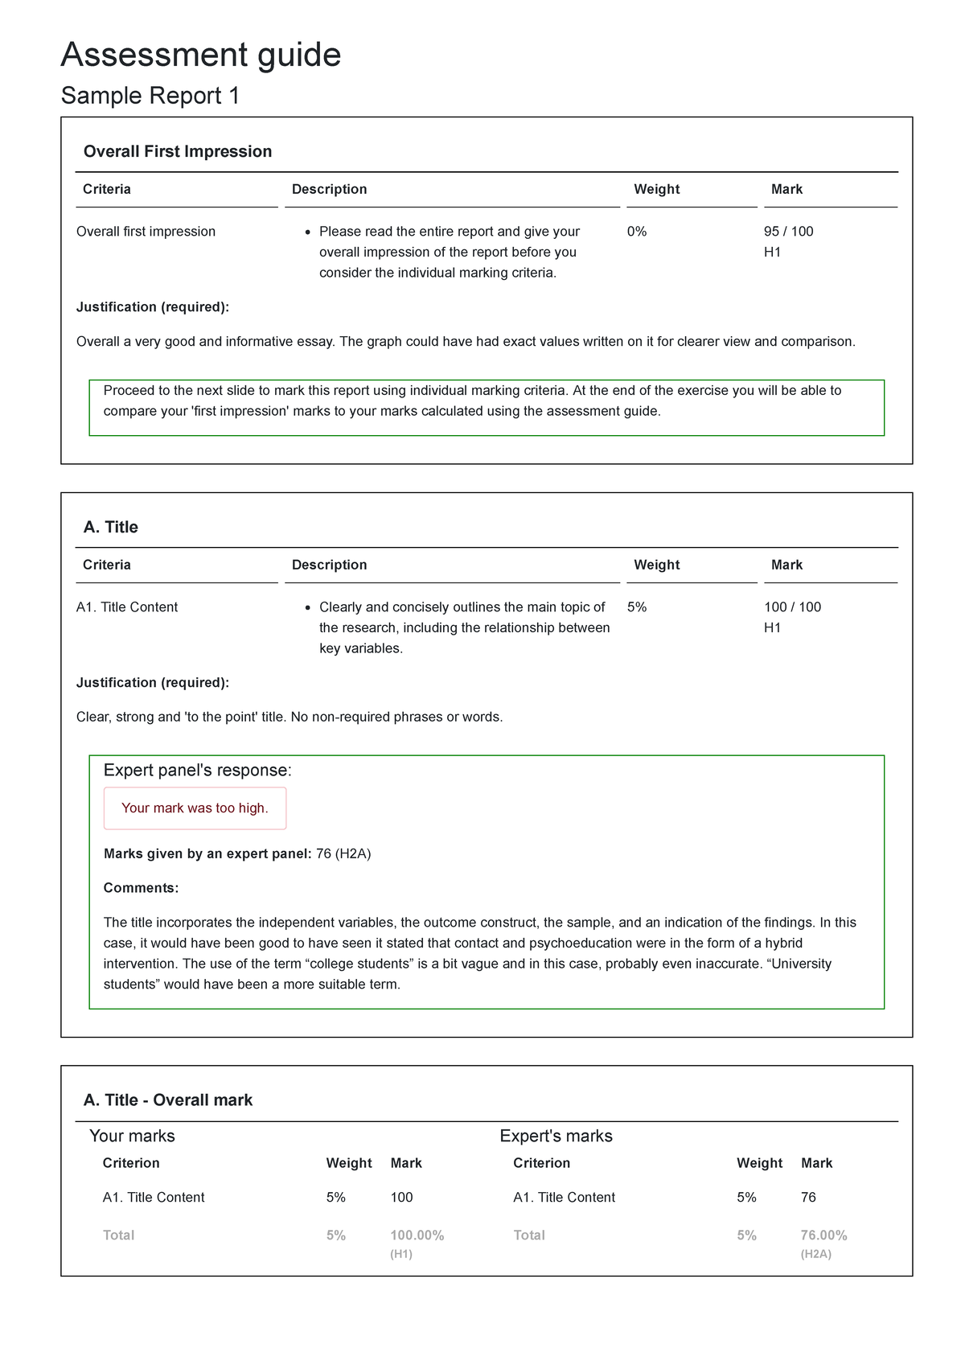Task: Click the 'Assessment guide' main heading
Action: [201, 55]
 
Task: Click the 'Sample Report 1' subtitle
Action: [150, 96]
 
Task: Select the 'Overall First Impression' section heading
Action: [178, 151]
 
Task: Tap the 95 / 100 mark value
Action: [788, 232]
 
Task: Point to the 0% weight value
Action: [636, 232]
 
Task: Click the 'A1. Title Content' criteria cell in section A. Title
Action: [127, 607]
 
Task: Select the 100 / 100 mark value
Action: [792, 607]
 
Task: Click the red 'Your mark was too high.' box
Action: [195, 808]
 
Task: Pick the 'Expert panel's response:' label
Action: [198, 771]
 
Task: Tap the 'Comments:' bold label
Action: [141, 888]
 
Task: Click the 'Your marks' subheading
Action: [132, 1136]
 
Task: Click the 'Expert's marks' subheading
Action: [556, 1136]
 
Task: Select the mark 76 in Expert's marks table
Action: [808, 1198]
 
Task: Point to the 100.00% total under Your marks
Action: [417, 1235]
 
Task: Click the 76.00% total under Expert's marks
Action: [823, 1235]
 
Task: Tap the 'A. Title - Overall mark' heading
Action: [168, 1100]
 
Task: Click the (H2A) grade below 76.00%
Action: [815, 1254]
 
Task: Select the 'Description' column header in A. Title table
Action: [329, 565]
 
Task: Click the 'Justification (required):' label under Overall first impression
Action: [153, 307]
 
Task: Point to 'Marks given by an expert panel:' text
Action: [207, 853]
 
